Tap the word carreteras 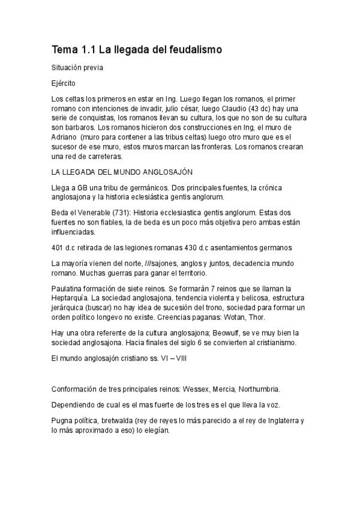point(101,156)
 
